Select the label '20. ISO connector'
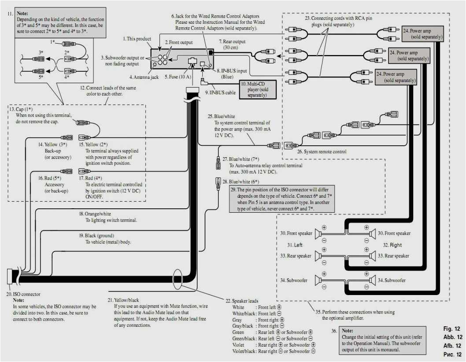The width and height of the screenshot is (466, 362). (x=23, y=294)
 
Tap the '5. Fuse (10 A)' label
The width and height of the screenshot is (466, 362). (x=178, y=77)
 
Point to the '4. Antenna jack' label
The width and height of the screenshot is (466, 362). (x=143, y=77)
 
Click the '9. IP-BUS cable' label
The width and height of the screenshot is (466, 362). (x=220, y=93)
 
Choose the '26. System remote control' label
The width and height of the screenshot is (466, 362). (x=321, y=151)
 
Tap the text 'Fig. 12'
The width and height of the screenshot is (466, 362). (x=451, y=329)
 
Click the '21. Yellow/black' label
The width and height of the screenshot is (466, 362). (x=126, y=300)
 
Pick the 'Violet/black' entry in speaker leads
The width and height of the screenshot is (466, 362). (x=243, y=351)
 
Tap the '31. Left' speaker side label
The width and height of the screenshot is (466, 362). (x=295, y=244)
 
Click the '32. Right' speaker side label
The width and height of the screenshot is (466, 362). (x=392, y=245)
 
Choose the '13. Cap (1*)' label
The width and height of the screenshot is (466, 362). (x=21, y=108)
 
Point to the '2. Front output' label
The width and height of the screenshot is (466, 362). (x=179, y=42)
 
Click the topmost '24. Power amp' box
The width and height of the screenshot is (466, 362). (x=422, y=34)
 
